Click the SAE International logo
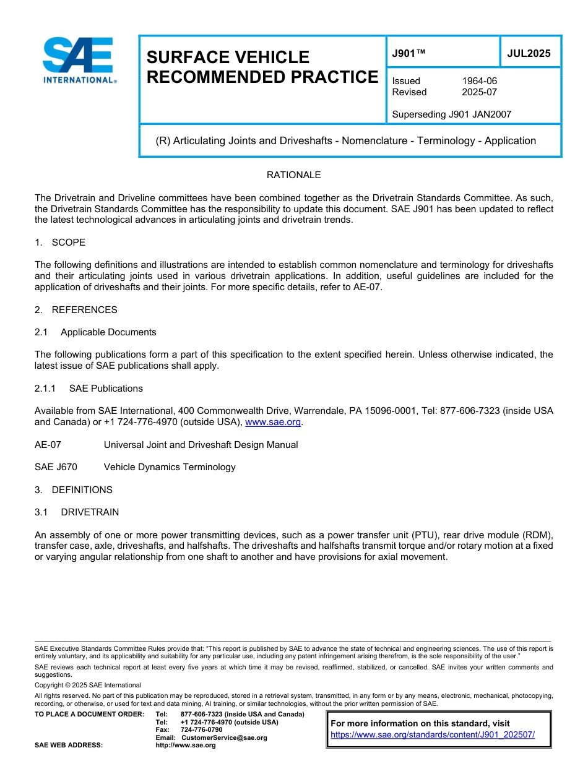pyautogui.click(x=79, y=61)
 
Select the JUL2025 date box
pyautogui.click(x=529, y=53)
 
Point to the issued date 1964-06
pyautogui.click(x=479, y=81)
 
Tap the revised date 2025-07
pyautogui.click(x=479, y=92)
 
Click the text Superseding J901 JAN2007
pyautogui.click(x=451, y=114)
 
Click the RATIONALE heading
pyautogui.click(x=293, y=175)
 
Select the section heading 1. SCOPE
pyautogui.click(x=60, y=242)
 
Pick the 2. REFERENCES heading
pyautogui.click(x=76, y=309)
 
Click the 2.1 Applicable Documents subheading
pyautogui.click(x=96, y=332)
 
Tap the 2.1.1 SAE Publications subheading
pyautogui.click(x=89, y=389)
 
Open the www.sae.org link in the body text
pyautogui.click(x=273, y=422)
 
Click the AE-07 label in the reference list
pyautogui.click(x=48, y=445)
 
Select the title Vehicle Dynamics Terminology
pyautogui.click(x=170, y=467)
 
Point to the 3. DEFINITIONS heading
pyautogui.click(x=74, y=490)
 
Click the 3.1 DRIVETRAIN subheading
pyautogui.click(x=77, y=512)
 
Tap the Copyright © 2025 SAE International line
pyautogui.click(x=88, y=685)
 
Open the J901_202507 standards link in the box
pyautogui.click(x=433, y=735)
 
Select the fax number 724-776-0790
pyautogui.click(x=202, y=729)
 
